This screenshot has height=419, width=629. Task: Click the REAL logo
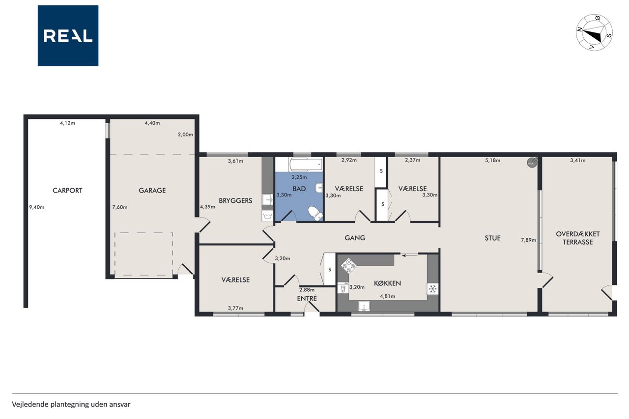(x=68, y=36)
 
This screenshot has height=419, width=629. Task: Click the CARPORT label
(x=67, y=191)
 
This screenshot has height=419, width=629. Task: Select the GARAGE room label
(x=152, y=191)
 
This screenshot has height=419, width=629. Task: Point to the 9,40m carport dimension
(x=37, y=207)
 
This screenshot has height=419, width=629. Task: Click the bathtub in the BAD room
(x=306, y=165)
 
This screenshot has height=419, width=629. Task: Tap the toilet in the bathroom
(x=315, y=214)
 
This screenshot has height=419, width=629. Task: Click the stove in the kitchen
(x=348, y=265)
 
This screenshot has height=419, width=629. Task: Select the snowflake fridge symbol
(x=433, y=289)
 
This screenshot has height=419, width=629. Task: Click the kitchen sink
(x=364, y=307)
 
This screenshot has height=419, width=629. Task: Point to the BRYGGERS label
(x=235, y=201)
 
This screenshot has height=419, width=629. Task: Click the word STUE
(x=492, y=238)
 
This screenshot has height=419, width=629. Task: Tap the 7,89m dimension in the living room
(x=528, y=240)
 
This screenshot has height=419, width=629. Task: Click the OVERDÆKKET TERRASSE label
(x=577, y=238)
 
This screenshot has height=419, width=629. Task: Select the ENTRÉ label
(x=307, y=298)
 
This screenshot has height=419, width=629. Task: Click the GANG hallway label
(x=355, y=238)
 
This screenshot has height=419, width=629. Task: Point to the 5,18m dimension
(x=492, y=161)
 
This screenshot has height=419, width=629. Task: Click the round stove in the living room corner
(x=532, y=163)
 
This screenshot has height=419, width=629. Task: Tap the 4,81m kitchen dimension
(x=388, y=296)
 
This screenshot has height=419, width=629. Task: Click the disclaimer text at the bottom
(x=71, y=404)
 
